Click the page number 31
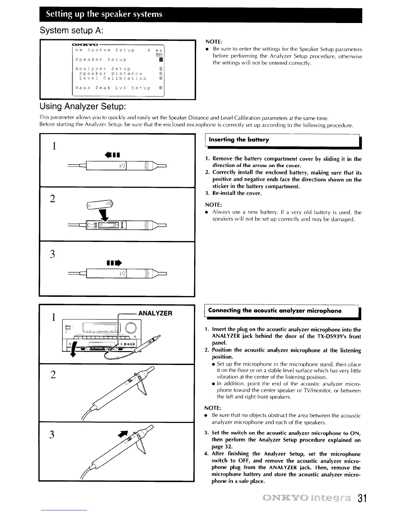pyautogui.click(x=359, y=498)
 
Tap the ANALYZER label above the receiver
pyautogui.click(x=155, y=313)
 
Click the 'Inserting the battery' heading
pyautogui.click(x=239, y=140)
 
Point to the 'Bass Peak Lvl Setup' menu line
pyautogui.click(x=113, y=88)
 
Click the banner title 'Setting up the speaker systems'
pyautogui.click(x=104, y=14)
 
